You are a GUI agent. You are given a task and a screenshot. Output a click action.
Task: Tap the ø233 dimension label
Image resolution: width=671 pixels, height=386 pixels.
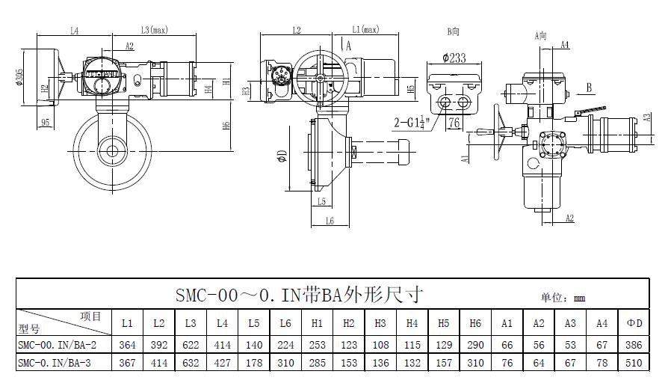[454, 58]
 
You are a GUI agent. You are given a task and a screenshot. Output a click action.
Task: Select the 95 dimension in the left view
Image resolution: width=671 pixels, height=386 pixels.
[46, 122]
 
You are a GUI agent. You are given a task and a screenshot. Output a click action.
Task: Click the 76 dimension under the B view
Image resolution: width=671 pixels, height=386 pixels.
[454, 123]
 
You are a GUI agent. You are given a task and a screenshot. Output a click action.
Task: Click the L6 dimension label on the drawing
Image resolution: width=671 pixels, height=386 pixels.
[329, 221]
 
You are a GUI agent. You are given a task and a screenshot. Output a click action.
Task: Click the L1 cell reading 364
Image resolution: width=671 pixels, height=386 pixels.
[127, 344]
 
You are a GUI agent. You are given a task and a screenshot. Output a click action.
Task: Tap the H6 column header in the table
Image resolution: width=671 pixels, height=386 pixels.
[475, 323]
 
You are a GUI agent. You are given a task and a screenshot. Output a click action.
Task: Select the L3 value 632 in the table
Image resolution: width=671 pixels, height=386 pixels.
[191, 363]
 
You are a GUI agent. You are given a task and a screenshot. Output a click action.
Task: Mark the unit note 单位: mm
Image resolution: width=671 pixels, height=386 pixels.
[563, 298]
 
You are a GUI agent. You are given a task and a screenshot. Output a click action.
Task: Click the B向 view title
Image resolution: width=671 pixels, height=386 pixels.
[454, 31]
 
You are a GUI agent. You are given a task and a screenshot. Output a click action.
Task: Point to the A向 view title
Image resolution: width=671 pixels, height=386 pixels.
[541, 35]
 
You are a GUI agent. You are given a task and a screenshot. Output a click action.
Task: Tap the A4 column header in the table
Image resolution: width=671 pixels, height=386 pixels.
[602, 323]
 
